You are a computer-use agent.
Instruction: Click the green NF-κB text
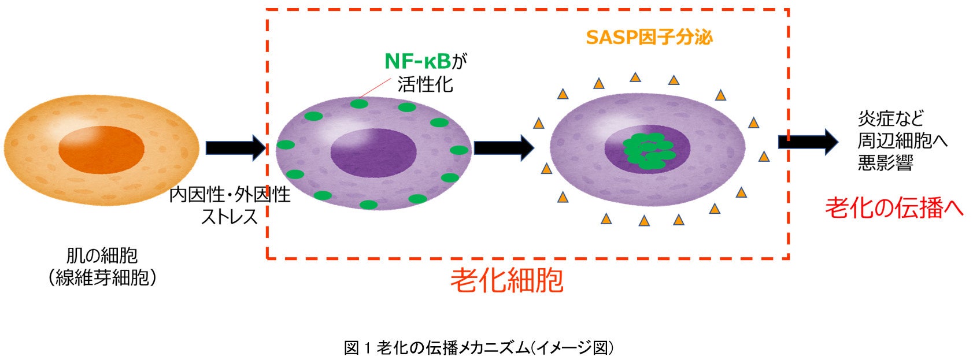417,61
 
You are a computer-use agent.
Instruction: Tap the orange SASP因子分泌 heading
649,38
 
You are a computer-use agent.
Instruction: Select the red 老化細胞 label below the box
506,281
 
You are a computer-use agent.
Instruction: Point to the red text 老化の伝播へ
894,208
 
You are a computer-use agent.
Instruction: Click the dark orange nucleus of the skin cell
101,149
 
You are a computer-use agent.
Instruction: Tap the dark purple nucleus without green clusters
373,152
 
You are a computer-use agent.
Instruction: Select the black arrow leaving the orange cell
235,147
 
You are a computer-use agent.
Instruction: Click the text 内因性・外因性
230,195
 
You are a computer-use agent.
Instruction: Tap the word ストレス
229,217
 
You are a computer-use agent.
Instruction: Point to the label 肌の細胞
102,255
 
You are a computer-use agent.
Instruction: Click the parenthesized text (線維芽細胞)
102,278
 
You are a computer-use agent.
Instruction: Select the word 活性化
425,84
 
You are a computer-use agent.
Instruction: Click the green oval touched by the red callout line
358,104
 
